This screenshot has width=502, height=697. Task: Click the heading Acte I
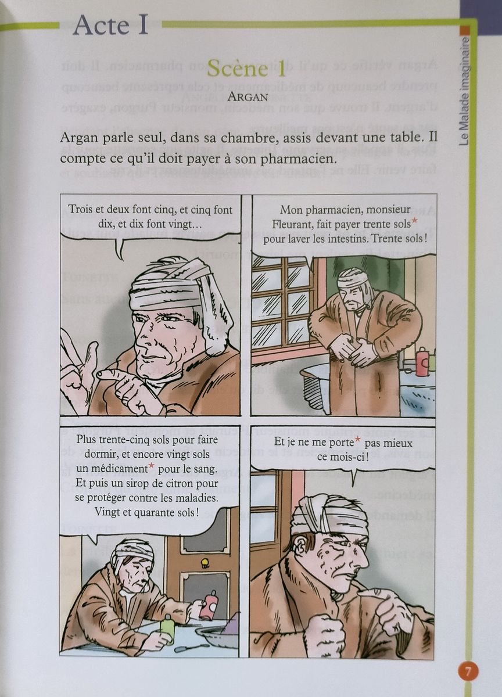click(x=110, y=26)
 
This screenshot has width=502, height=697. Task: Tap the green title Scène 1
click(x=246, y=69)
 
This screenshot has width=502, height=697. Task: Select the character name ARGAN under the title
click(x=248, y=96)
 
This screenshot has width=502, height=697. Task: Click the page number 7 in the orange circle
click(x=468, y=671)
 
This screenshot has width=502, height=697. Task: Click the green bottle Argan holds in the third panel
click(x=167, y=628)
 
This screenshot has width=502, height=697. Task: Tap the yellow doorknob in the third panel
click(x=205, y=562)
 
